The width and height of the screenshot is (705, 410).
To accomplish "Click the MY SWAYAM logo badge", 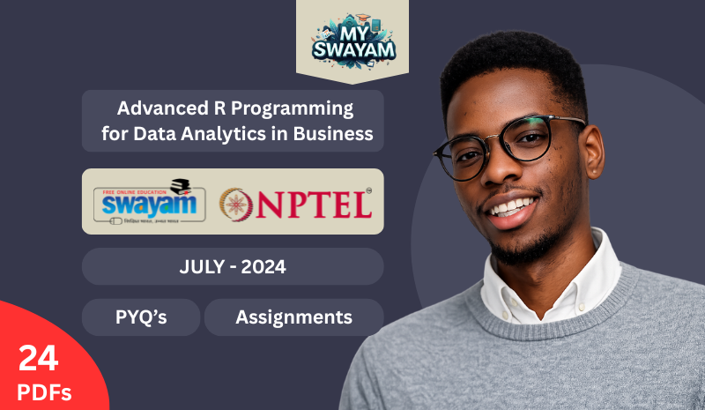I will coord(352,41).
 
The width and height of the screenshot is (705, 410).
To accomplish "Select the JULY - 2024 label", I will coord(233,266).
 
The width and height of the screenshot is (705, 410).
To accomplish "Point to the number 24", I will coord(38,358).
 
